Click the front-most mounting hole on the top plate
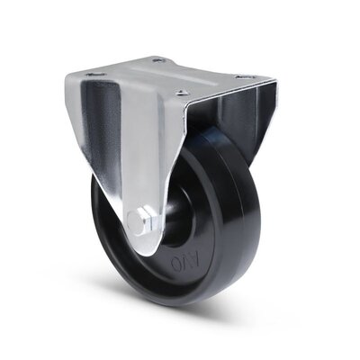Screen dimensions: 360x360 point(183,92)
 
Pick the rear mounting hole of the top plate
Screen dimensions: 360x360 point(160,60)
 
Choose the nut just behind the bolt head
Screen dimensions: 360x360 point(152,220)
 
